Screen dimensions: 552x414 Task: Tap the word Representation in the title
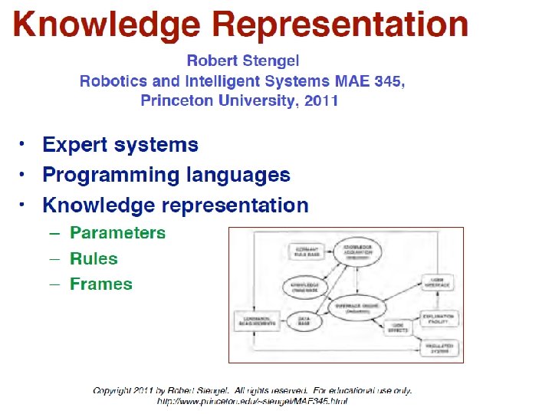[343, 25]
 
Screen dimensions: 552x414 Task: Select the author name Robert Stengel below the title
[243, 61]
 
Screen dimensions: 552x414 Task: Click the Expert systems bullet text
[120, 145]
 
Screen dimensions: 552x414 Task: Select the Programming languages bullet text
[166, 175]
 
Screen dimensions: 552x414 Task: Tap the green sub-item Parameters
[117, 232]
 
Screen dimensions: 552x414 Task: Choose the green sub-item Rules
[94, 258]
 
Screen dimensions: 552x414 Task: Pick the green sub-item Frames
[100, 284]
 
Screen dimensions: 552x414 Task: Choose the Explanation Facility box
[439, 318]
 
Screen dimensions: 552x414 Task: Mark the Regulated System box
[439, 348]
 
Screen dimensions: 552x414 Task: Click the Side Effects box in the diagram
[397, 328]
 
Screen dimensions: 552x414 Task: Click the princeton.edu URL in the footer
[252, 401]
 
